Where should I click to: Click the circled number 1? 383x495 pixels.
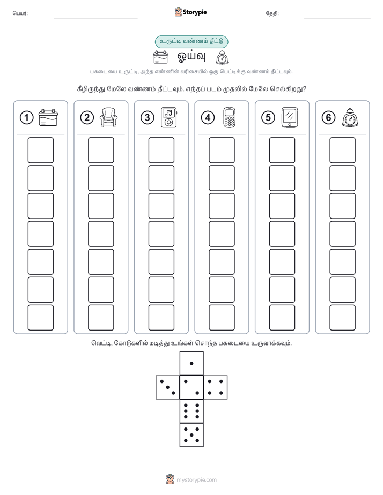(x=26, y=118)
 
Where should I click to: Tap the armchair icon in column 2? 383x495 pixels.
(x=108, y=117)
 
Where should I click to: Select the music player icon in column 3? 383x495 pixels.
(x=169, y=117)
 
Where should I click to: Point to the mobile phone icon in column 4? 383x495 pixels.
(x=230, y=118)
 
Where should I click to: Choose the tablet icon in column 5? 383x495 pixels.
(x=290, y=118)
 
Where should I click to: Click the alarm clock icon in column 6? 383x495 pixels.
(x=350, y=118)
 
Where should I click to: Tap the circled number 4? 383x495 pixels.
(x=208, y=118)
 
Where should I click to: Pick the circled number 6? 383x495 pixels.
(x=328, y=118)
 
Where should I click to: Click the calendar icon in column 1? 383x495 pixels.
(x=48, y=118)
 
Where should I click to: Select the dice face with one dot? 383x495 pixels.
(x=191, y=363)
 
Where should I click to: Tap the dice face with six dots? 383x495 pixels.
(x=191, y=411)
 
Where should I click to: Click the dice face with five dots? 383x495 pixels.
(x=191, y=434)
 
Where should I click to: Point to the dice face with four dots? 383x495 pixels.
(x=216, y=387)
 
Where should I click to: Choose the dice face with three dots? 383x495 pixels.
(x=168, y=387)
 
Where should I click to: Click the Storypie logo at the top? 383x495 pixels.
(x=190, y=12)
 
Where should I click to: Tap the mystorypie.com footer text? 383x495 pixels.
(x=196, y=480)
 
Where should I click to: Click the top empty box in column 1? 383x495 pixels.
(x=40, y=150)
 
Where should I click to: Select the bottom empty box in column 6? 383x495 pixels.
(x=343, y=318)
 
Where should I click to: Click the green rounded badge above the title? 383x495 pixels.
(x=191, y=42)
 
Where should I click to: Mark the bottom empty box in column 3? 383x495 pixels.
(x=161, y=318)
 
